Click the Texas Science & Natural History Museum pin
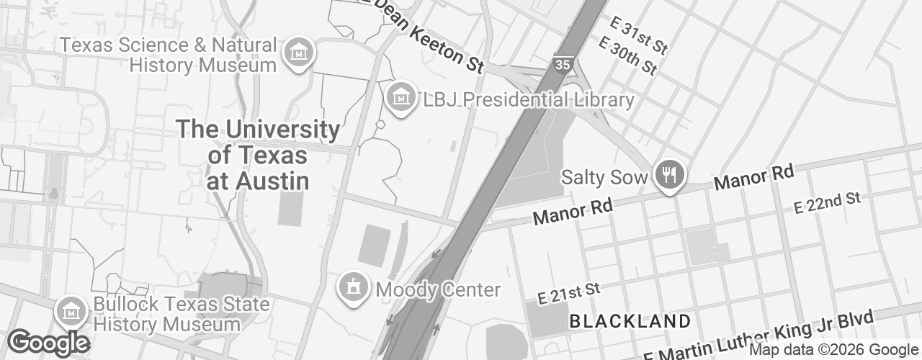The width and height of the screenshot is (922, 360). pyautogui.click(x=297, y=53)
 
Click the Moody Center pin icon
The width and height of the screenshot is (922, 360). pyautogui.click(x=353, y=287)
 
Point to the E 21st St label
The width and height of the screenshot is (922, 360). pyautogui.click(x=569, y=292)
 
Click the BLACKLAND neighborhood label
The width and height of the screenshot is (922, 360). pyautogui.click(x=630, y=321)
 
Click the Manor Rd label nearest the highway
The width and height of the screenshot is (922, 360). pyautogui.click(x=573, y=211)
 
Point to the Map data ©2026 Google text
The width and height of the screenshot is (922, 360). pyautogui.click(x=833, y=350)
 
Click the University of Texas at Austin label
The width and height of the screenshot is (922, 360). pyautogui.click(x=258, y=155)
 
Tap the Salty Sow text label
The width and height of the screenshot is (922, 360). pyautogui.click(x=604, y=177)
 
